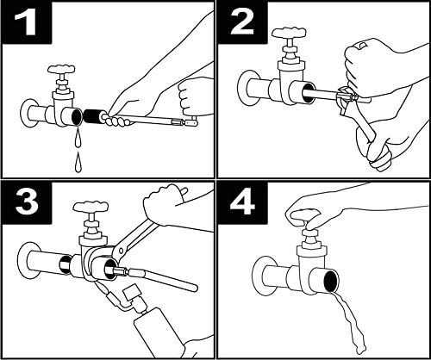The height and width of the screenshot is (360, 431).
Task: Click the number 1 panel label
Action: tap(26, 22)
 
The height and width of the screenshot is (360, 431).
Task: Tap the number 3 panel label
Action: tap(27, 202)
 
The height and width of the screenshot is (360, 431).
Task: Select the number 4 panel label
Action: tap(242, 202)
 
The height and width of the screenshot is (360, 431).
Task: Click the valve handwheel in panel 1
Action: tap(62, 69)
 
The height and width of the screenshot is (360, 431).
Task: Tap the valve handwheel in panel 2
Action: tap(290, 34)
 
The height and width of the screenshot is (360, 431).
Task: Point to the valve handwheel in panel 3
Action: tap(91, 207)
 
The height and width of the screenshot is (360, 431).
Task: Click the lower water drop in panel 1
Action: tap(78, 163)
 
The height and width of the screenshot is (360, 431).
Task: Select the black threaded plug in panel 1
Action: tap(91, 117)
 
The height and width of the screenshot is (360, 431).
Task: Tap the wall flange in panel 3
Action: tap(27, 260)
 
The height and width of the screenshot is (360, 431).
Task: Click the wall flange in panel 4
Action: tap(261, 276)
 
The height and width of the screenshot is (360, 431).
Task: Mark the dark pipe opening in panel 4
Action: tap(331, 282)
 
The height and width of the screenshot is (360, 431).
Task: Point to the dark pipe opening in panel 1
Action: tap(77, 117)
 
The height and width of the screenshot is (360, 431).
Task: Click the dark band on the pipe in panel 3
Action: tap(65, 264)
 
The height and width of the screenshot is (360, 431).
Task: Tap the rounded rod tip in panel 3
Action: tap(194, 287)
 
